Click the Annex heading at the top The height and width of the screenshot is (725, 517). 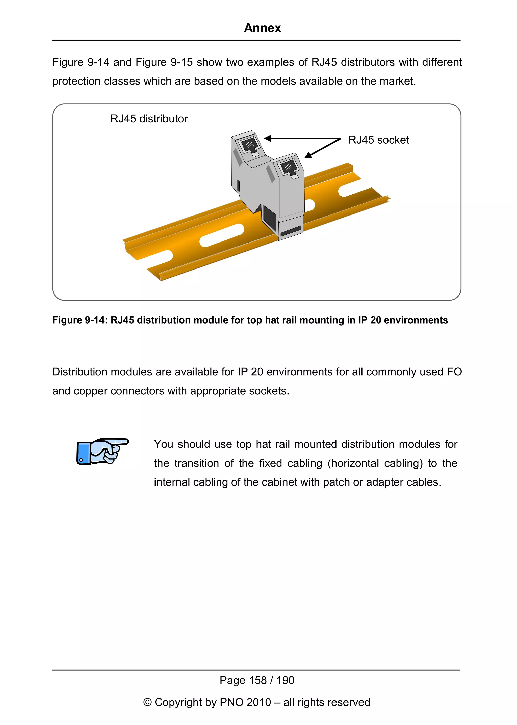[x=262, y=28]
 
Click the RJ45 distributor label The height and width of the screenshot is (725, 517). [x=149, y=119]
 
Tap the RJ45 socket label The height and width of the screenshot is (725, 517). [x=378, y=140]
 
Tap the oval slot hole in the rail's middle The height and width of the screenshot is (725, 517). [x=222, y=235]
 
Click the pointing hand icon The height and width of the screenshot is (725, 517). [x=102, y=451]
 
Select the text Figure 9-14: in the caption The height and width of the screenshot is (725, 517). [x=80, y=320]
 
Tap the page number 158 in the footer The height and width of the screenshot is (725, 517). [x=258, y=680]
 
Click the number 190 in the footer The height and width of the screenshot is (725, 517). [x=285, y=680]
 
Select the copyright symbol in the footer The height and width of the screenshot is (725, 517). [x=147, y=702]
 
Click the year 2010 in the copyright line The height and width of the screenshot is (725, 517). [x=259, y=702]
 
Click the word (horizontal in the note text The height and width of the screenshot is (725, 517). [x=353, y=463]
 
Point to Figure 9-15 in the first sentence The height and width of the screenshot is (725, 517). [x=164, y=62]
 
